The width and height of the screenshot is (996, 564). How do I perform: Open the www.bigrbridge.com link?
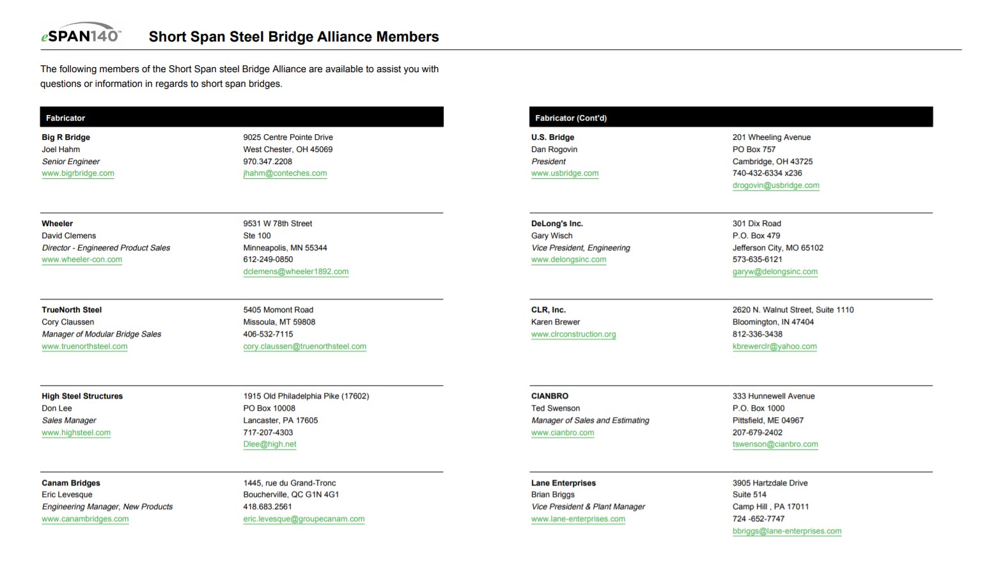click(78, 173)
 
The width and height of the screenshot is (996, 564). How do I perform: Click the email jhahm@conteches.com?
click(284, 173)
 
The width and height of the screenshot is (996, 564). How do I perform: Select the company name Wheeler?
click(58, 224)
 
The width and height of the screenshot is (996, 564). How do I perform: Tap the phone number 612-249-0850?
click(268, 259)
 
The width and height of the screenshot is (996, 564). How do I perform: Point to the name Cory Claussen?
click(68, 322)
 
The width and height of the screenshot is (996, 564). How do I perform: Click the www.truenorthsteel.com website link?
click(84, 346)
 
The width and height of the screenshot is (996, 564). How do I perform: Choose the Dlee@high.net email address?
click(270, 444)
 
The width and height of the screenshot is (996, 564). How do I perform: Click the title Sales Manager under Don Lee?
click(69, 420)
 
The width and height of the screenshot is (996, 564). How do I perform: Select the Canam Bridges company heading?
click(71, 483)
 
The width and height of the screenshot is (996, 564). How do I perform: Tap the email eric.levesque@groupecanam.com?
click(304, 519)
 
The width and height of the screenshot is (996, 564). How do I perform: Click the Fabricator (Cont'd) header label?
click(571, 118)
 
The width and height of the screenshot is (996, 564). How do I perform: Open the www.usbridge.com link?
click(565, 173)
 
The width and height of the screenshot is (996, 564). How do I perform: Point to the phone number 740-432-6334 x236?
click(767, 173)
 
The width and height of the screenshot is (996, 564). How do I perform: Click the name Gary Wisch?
click(552, 236)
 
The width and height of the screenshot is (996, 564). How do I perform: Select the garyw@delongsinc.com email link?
click(775, 271)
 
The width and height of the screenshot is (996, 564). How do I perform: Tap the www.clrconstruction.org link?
click(573, 334)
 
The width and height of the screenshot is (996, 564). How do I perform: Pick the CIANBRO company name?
click(550, 396)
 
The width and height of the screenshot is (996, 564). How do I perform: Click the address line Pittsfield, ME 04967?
click(768, 420)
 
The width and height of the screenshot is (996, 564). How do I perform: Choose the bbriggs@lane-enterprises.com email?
click(787, 531)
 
